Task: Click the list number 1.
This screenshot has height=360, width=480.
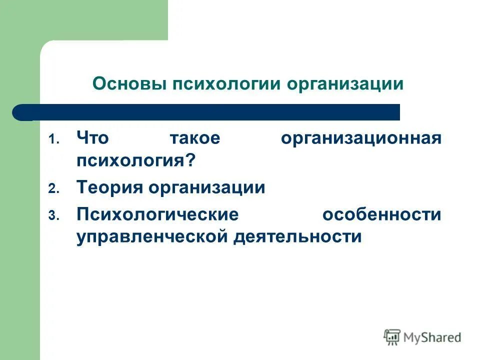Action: click(53, 140)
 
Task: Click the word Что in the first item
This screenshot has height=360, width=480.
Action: click(92, 138)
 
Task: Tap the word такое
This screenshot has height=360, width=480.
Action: click(194, 138)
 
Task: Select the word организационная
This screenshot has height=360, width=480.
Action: click(360, 138)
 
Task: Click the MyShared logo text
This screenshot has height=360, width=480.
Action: click(432, 337)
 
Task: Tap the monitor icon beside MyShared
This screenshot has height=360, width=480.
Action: click(392, 337)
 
